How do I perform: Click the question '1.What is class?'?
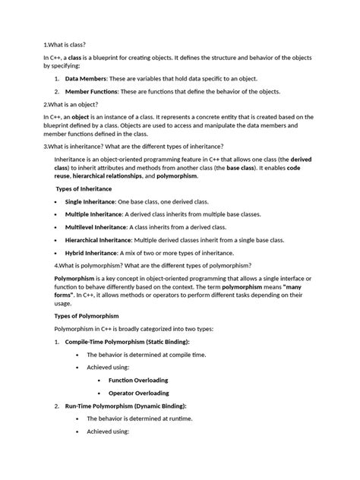click(x=70, y=45)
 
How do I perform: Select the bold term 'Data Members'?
click(x=86, y=79)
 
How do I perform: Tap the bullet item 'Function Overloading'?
click(x=138, y=380)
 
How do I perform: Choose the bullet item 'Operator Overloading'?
click(x=138, y=393)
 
